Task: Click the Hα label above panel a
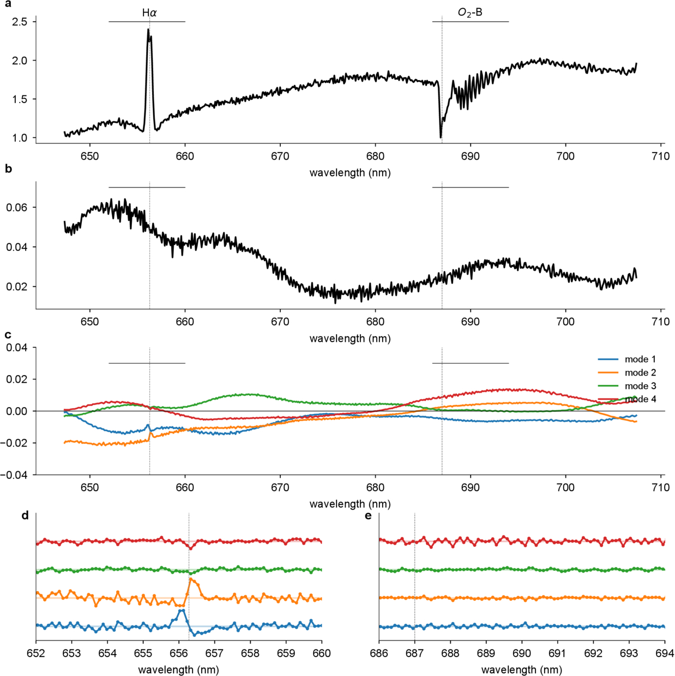(149, 13)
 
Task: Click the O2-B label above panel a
(470, 13)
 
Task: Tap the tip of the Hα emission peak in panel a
(148, 29)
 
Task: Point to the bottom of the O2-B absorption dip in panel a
(441, 137)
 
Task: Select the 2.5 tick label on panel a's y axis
(20, 22)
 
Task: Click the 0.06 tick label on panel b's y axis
(17, 208)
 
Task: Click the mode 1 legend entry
(640, 359)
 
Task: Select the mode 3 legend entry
(640, 386)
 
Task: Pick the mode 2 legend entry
(640, 373)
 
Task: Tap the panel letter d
(25, 515)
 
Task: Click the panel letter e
(368, 515)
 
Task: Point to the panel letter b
(8, 169)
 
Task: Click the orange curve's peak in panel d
(191, 579)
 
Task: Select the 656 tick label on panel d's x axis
(179, 653)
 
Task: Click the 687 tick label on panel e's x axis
(415, 653)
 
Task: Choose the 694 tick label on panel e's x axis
(664, 653)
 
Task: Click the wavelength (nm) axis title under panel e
(522, 669)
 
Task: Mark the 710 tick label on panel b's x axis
(660, 322)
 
